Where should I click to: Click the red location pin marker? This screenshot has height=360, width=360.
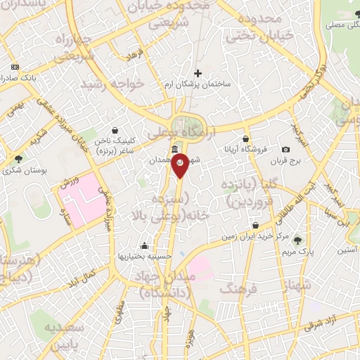click(x=181, y=163)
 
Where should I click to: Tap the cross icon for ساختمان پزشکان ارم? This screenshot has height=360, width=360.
click(x=198, y=72)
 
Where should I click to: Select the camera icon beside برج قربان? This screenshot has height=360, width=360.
click(x=285, y=150)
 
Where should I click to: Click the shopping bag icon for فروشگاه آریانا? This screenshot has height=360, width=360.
click(x=245, y=139)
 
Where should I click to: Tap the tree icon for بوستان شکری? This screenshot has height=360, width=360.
click(x=18, y=159)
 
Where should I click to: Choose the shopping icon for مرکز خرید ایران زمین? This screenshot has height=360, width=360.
click(x=255, y=226)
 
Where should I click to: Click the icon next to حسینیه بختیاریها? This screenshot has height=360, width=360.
click(x=145, y=245)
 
